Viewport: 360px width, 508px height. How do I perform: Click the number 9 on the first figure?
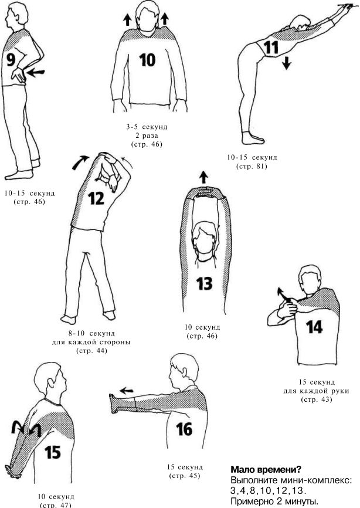(11, 60)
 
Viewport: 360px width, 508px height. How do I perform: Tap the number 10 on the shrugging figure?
(147, 60)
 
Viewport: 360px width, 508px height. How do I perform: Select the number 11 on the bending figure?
(271, 48)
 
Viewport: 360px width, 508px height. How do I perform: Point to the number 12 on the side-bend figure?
(96, 198)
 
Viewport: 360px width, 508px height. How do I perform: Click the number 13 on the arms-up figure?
(204, 283)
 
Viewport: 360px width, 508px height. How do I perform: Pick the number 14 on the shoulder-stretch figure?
(314, 327)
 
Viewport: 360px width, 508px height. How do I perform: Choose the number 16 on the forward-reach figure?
(184, 429)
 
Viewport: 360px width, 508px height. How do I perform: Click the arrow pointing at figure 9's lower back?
(35, 72)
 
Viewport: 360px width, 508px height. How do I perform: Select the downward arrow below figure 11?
(286, 62)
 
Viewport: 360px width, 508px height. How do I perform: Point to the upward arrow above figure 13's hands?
(203, 177)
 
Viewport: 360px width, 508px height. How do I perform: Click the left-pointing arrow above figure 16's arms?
(127, 391)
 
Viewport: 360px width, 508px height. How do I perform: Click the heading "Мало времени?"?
(266, 469)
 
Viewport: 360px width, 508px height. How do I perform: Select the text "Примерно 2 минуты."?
(274, 502)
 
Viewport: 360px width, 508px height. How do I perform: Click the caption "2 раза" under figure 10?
(147, 136)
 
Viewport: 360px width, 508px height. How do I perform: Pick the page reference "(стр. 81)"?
(252, 167)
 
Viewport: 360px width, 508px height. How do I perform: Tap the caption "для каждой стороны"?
(91, 343)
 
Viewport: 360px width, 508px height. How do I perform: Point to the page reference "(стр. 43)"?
(316, 399)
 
